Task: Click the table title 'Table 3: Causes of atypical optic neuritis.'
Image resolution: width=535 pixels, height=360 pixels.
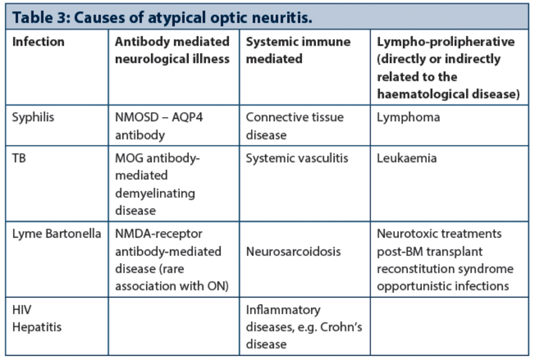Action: tap(162, 17)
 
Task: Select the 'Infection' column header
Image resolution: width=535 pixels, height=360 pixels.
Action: tap(38, 42)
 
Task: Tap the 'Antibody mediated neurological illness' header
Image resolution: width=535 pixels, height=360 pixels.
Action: tap(172, 50)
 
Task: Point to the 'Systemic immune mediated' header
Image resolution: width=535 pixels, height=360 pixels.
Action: tap(298, 50)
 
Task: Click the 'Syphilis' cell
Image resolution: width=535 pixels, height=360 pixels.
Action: tap(33, 117)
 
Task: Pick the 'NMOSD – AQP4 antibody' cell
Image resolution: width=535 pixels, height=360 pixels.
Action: tap(159, 126)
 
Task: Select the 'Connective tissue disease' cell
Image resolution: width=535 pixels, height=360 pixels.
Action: tap(295, 126)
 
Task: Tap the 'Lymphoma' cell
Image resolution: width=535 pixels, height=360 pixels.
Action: tap(408, 118)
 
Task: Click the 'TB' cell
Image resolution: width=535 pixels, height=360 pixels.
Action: tap(19, 158)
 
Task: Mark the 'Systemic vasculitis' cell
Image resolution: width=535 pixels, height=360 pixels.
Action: tap(297, 158)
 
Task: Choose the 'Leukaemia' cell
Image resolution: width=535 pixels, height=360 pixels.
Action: tap(407, 158)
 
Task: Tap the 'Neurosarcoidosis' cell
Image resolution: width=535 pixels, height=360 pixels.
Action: tap(294, 252)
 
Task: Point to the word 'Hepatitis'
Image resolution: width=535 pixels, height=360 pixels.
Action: tap(37, 327)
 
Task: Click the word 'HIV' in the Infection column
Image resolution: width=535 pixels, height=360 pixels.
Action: tap(22, 310)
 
